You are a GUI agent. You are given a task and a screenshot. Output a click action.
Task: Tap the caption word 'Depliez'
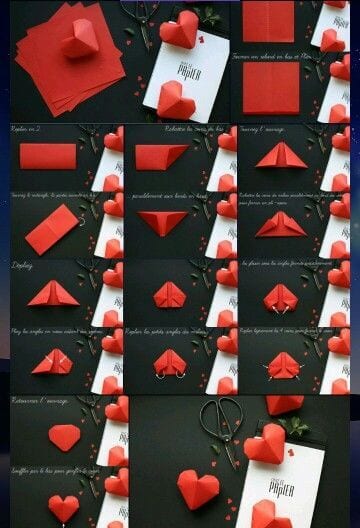click(x=23, y=266)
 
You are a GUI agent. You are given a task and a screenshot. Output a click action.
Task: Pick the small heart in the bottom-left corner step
click(x=63, y=507)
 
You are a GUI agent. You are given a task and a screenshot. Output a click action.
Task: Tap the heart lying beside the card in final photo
click(x=198, y=489)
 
